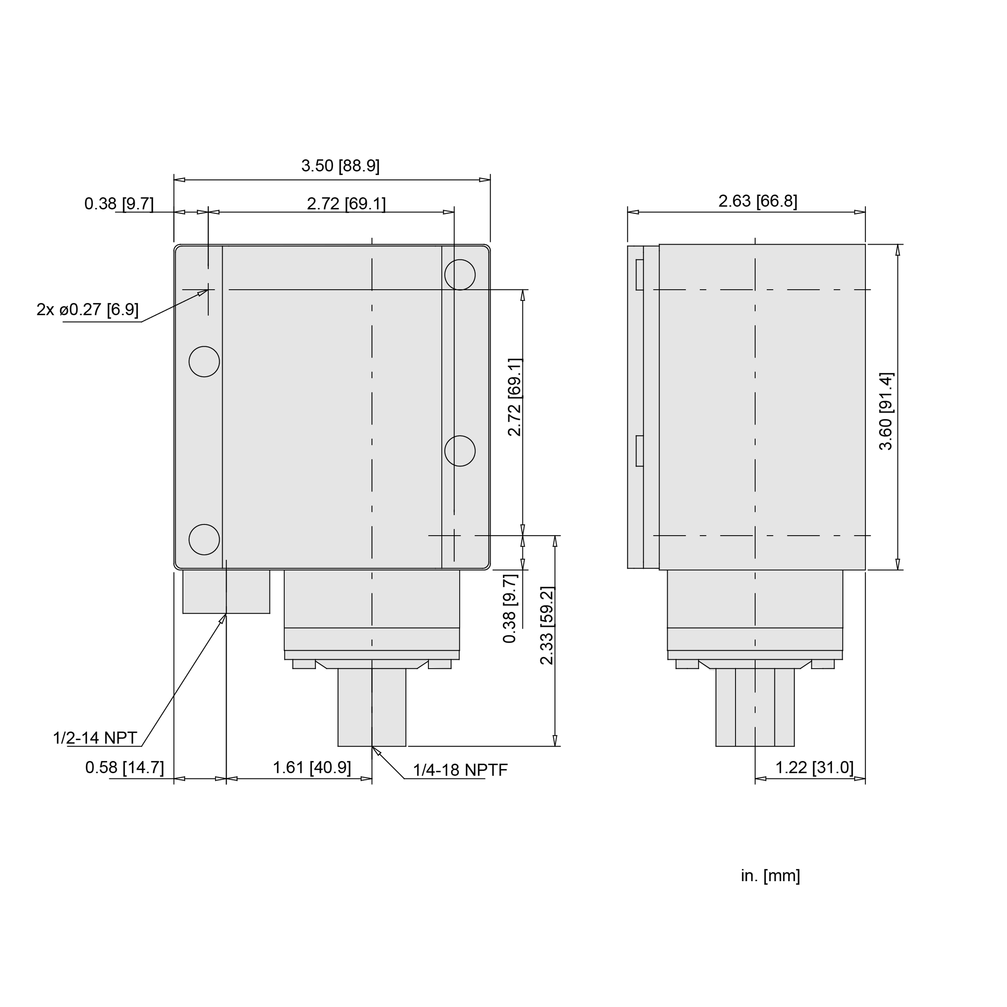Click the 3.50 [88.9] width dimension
[340, 166]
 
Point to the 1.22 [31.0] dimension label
[814, 767]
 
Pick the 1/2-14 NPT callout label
[95, 738]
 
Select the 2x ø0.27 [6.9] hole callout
[88, 310]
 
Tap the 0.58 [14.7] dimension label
[125, 767]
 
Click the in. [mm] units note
[770, 876]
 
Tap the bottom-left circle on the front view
[204, 540]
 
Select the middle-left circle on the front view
[204, 361]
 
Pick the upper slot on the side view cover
[639, 275]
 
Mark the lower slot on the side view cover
[639, 451]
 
